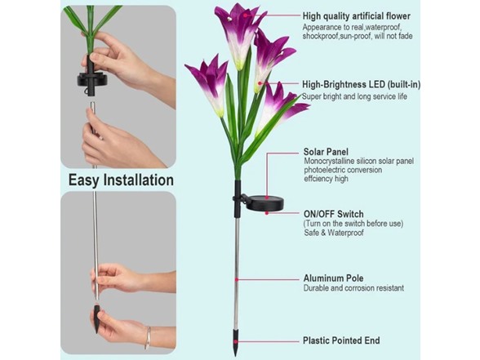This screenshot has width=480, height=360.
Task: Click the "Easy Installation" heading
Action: coord(121,180)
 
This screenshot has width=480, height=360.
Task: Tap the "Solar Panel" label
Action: coord(326,152)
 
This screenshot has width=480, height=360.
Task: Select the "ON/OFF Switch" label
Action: coord(333,214)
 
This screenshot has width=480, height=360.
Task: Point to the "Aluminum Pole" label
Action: coord(333,278)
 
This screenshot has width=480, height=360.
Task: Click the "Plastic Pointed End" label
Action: coord(341,340)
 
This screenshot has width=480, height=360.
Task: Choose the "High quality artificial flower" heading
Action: coord(357,16)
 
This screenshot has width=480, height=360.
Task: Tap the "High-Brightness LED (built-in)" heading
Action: coord(361,85)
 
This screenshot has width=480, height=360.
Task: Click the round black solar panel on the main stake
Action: coord(264,203)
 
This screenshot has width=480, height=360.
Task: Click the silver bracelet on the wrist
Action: coord(148,338)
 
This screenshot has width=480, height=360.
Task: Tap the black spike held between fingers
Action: coord(96,318)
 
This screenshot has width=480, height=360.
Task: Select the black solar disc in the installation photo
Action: coord(93,80)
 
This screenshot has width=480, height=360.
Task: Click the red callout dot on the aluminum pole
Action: coord(237,279)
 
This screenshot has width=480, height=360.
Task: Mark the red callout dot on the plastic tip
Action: coord(236,341)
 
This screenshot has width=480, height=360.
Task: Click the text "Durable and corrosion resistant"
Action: coord(353,288)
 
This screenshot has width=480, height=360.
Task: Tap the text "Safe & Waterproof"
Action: coord(334,233)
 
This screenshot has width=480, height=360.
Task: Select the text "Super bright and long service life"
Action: coord(354,96)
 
